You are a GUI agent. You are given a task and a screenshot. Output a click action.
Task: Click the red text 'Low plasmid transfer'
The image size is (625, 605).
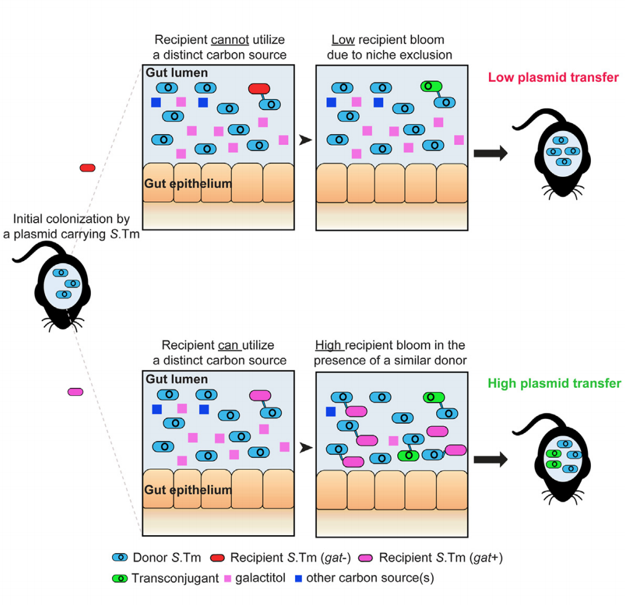click(x=553, y=77)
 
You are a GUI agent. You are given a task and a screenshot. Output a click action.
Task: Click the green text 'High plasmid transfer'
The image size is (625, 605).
click(x=554, y=384)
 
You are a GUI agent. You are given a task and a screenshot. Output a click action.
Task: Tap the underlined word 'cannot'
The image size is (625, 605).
click(x=229, y=40)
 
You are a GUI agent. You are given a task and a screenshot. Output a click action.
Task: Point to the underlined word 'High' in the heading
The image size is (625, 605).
click(x=329, y=345)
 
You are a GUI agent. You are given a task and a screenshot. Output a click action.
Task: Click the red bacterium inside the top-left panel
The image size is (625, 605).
click(x=259, y=89)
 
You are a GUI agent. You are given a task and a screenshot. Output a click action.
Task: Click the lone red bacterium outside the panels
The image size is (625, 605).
click(x=87, y=168)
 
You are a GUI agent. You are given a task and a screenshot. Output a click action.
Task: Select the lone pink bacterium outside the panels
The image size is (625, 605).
click(x=75, y=392)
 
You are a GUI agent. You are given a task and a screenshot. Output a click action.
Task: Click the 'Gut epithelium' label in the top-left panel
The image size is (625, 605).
click(x=188, y=184)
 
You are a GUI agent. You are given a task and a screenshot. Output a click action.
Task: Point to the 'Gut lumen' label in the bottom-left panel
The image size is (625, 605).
click(x=176, y=379)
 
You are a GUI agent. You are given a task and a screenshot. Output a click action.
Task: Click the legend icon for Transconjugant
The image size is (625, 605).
click(x=120, y=579)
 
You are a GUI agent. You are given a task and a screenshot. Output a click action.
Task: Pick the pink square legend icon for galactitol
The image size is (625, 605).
click(x=226, y=579)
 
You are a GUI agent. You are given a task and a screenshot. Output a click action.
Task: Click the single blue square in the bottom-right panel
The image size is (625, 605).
click(x=330, y=411)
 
